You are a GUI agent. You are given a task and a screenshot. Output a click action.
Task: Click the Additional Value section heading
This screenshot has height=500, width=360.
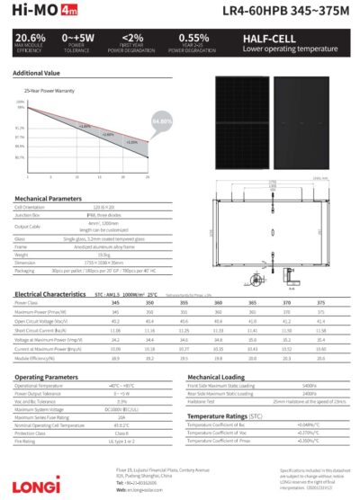(x=37, y=72)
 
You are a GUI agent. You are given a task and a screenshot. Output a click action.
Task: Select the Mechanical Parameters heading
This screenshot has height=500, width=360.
(x=48, y=198)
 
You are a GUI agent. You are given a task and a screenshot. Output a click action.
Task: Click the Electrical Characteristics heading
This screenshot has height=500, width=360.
(x=51, y=294)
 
